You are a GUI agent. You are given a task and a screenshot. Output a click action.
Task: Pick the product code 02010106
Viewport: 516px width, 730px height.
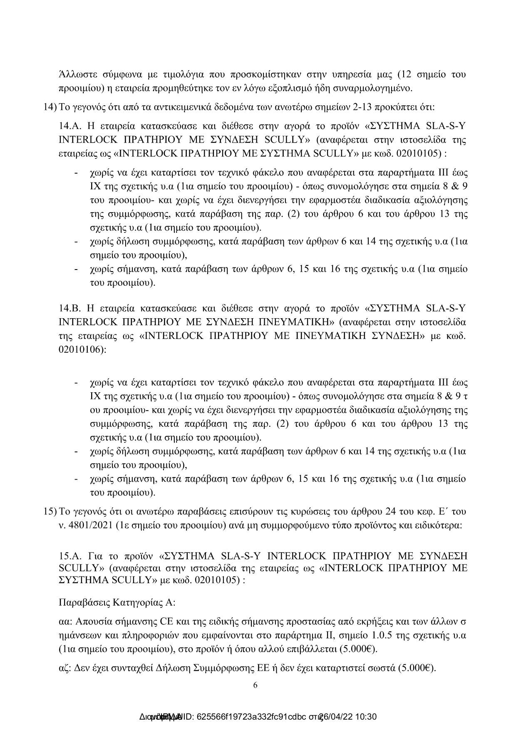coord(81,349)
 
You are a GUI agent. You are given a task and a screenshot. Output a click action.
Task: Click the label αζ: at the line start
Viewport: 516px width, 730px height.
coord(66,668)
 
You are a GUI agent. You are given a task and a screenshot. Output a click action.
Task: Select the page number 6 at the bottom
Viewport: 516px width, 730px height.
coord(256,685)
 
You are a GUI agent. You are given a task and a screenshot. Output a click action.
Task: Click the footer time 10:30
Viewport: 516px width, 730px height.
coord(367,717)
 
